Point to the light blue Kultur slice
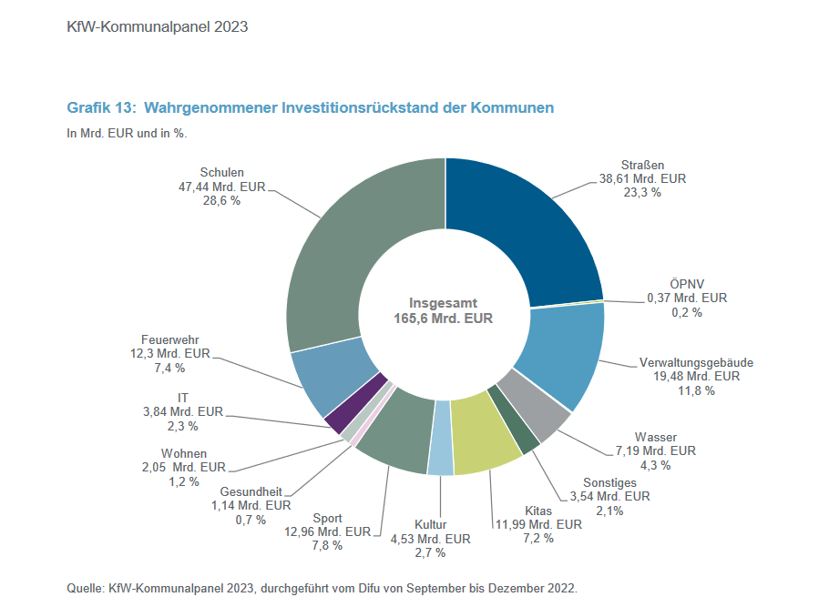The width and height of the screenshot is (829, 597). click(x=441, y=450)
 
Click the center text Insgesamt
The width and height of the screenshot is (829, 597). click(x=443, y=303)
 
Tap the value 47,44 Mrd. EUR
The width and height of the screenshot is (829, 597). click(x=221, y=186)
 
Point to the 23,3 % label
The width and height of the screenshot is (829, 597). click(x=642, y=193)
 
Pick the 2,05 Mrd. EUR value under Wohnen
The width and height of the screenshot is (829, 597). click(x=183, y=467)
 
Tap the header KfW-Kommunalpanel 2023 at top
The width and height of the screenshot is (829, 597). click(x=157, y=26)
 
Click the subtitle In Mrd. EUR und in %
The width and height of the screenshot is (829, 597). click(x=133, y=133)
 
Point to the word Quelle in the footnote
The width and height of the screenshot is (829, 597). click(x=85, y=587)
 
